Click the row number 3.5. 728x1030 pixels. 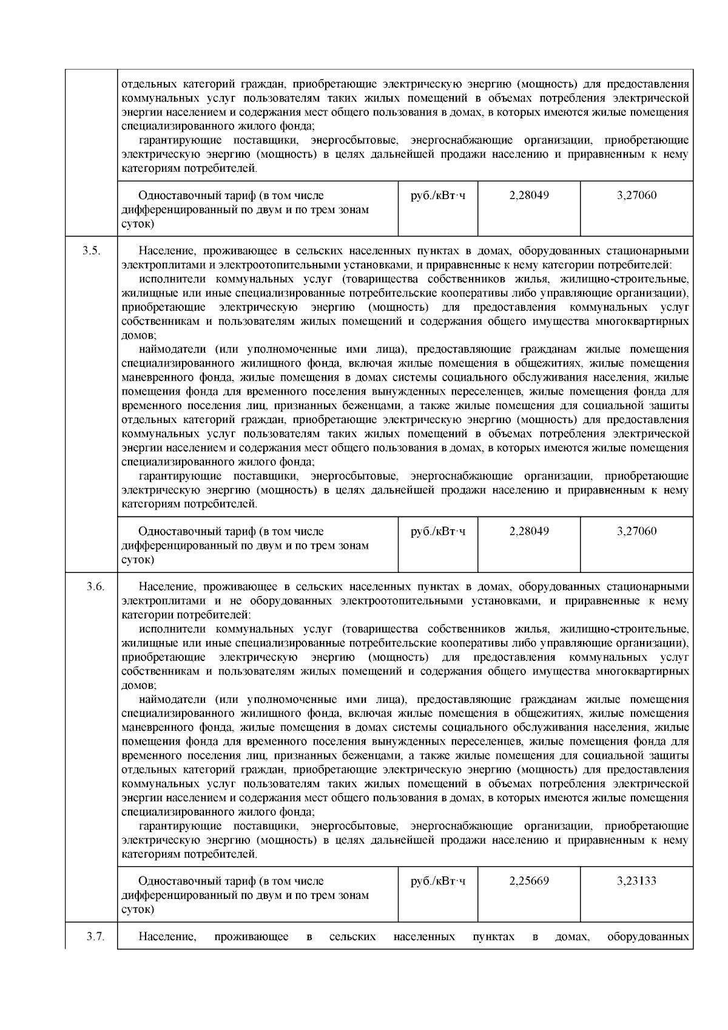pyautogui.click(x=91, y=251)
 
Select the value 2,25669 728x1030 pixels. pyautogui.click(x=529, y=881)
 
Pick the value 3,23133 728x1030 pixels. pyautogui.click(x=636, y=881)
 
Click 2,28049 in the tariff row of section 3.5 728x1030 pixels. pyautogui.click(x=529, y=531)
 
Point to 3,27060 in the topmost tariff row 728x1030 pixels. pyautogui.click(x=636, y=195)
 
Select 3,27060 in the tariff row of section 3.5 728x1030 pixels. pyautogui.click(x=636, y=531)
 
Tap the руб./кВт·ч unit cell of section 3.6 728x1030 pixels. pyautogui.click(x=438, y=881)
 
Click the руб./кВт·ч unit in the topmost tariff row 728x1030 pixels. pyautogui.click(x=438, y=195)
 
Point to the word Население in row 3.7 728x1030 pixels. pyautogui.click(x=167, y=937)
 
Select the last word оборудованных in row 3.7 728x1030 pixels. pyautogui.click(x=647, y=937)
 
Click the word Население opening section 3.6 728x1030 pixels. pyautogui.click(x=167, y=586)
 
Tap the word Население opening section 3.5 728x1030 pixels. pyautogui.click(x=167, y=251)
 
